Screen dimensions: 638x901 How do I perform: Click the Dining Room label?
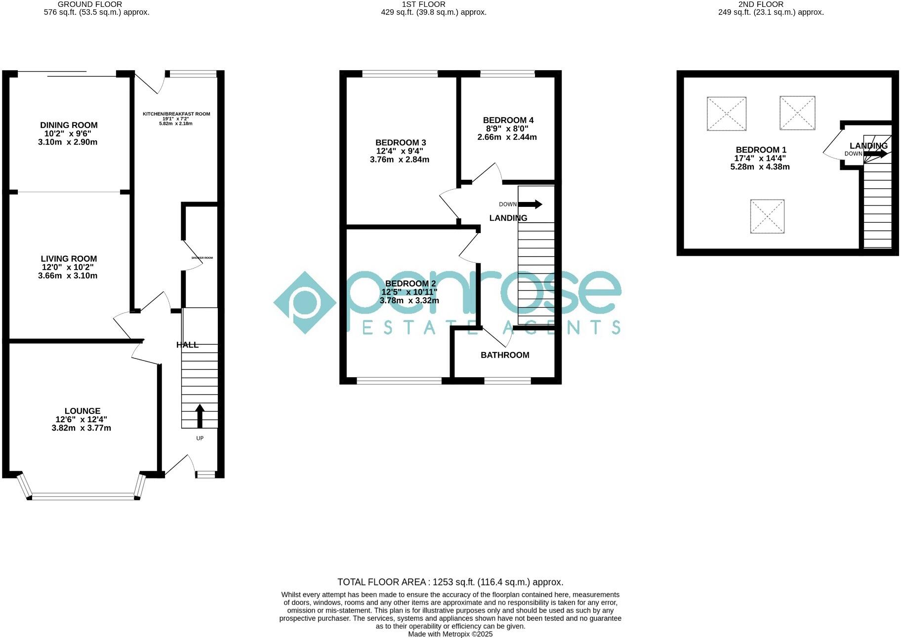69,125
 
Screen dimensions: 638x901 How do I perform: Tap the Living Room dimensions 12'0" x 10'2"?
69,267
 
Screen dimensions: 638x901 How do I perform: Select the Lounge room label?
82,411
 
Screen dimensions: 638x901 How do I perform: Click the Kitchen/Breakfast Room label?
176,114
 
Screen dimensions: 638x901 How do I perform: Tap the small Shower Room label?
202,258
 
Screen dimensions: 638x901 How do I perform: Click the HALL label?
187,345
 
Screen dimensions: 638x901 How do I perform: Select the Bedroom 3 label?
400,143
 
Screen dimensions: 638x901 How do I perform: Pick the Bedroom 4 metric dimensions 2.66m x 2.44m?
507,137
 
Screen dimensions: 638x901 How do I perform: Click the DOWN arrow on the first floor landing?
531,204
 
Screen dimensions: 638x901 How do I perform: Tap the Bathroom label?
505,355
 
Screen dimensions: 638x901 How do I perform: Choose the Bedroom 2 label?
410,283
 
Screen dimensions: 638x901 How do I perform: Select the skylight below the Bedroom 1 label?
767,216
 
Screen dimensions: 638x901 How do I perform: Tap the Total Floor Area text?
450,582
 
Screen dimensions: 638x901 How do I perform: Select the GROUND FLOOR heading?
90,4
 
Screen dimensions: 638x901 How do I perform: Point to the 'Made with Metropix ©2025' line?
450,634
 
